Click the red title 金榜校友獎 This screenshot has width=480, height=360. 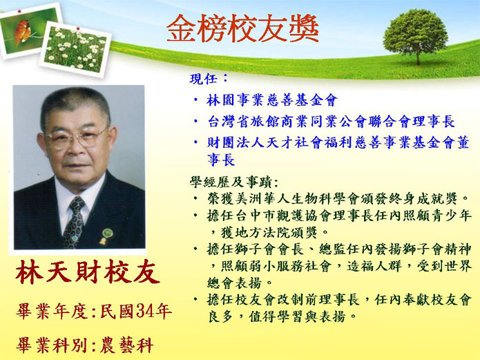click(x=242, y=28)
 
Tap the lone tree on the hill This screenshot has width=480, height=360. click(x=415, y=36)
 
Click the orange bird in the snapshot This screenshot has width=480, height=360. click(x=23, y=32)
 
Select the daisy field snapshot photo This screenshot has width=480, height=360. click(x=75, y=49)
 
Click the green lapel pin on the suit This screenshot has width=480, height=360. click(x=107, y=233)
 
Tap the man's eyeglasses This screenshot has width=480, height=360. click(x=76, y=138)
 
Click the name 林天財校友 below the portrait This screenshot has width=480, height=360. click(x=88, y=272)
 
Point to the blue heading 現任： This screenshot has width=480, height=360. click(x=209, y=79)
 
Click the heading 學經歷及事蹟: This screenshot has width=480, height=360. click(x=234, y=182)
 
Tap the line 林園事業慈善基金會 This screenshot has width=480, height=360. click(x=272, y=100)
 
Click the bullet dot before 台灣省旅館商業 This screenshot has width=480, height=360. click(x=195, y=121)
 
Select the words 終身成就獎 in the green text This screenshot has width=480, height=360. click(x=423, y=199)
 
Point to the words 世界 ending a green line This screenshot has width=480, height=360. click(x=458, y=266)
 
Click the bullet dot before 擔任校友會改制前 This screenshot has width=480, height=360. click(x=195, y=300)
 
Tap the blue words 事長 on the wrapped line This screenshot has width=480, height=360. click(x=221, y=160)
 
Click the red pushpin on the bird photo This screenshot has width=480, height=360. click(x=19, y=11)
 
